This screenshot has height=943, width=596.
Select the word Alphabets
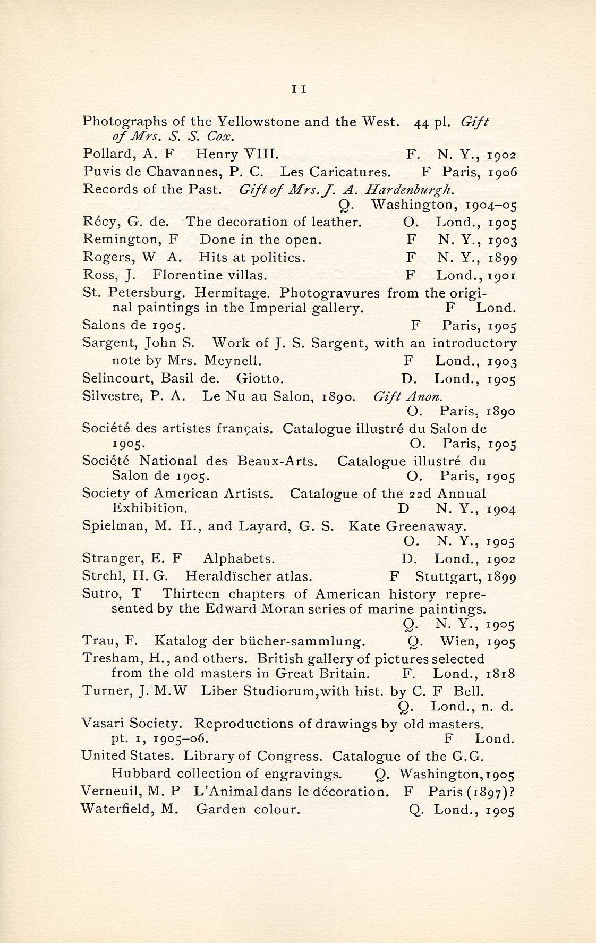point(239,559)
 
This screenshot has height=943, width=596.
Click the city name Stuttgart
point(441,577)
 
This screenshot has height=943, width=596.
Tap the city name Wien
point(455,641)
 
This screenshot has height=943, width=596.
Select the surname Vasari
point(102,724)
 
